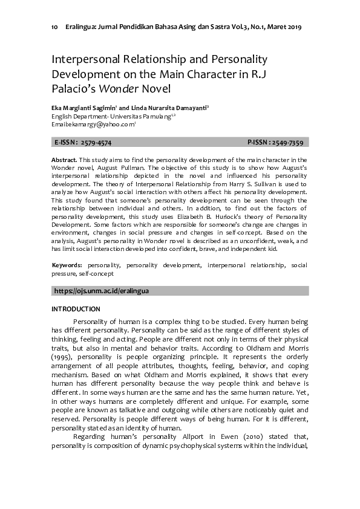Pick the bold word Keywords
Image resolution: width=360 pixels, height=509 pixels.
click(67, 265)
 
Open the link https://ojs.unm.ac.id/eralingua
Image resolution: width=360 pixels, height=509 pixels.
click(102, 291)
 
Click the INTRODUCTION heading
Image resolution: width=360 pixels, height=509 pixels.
click(76, 309)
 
